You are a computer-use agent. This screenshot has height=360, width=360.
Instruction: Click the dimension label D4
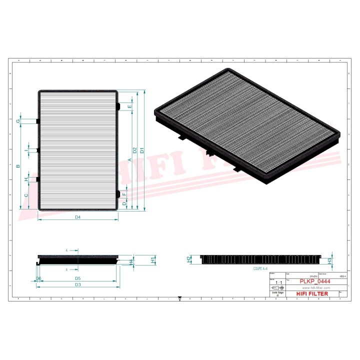78,217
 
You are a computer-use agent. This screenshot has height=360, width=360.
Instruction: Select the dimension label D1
142,149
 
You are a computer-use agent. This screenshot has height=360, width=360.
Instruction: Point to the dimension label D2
135,149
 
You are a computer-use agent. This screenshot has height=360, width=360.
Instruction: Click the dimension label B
18,165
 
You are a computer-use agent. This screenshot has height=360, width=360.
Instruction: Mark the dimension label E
129,106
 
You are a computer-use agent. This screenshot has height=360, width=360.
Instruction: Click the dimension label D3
78,284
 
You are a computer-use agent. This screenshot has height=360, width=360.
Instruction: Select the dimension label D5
78,278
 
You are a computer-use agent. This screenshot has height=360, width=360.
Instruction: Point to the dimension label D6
38,278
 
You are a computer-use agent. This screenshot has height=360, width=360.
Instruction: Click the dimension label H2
189,259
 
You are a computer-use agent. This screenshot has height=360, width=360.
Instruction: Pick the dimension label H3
329,260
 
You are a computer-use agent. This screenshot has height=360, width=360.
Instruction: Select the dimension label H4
131,261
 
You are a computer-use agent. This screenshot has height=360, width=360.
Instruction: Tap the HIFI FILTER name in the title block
312,293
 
